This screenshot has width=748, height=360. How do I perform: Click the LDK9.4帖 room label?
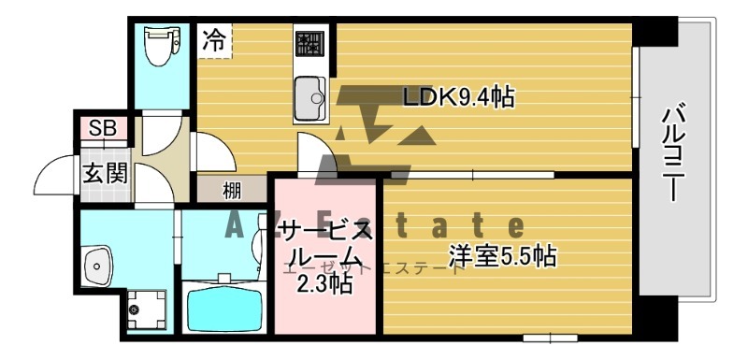coord(458,96)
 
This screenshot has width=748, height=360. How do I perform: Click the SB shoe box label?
coord(103,128)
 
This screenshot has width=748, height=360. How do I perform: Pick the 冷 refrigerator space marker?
coord(214,41)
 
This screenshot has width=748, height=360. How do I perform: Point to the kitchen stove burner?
coord(309,44)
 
